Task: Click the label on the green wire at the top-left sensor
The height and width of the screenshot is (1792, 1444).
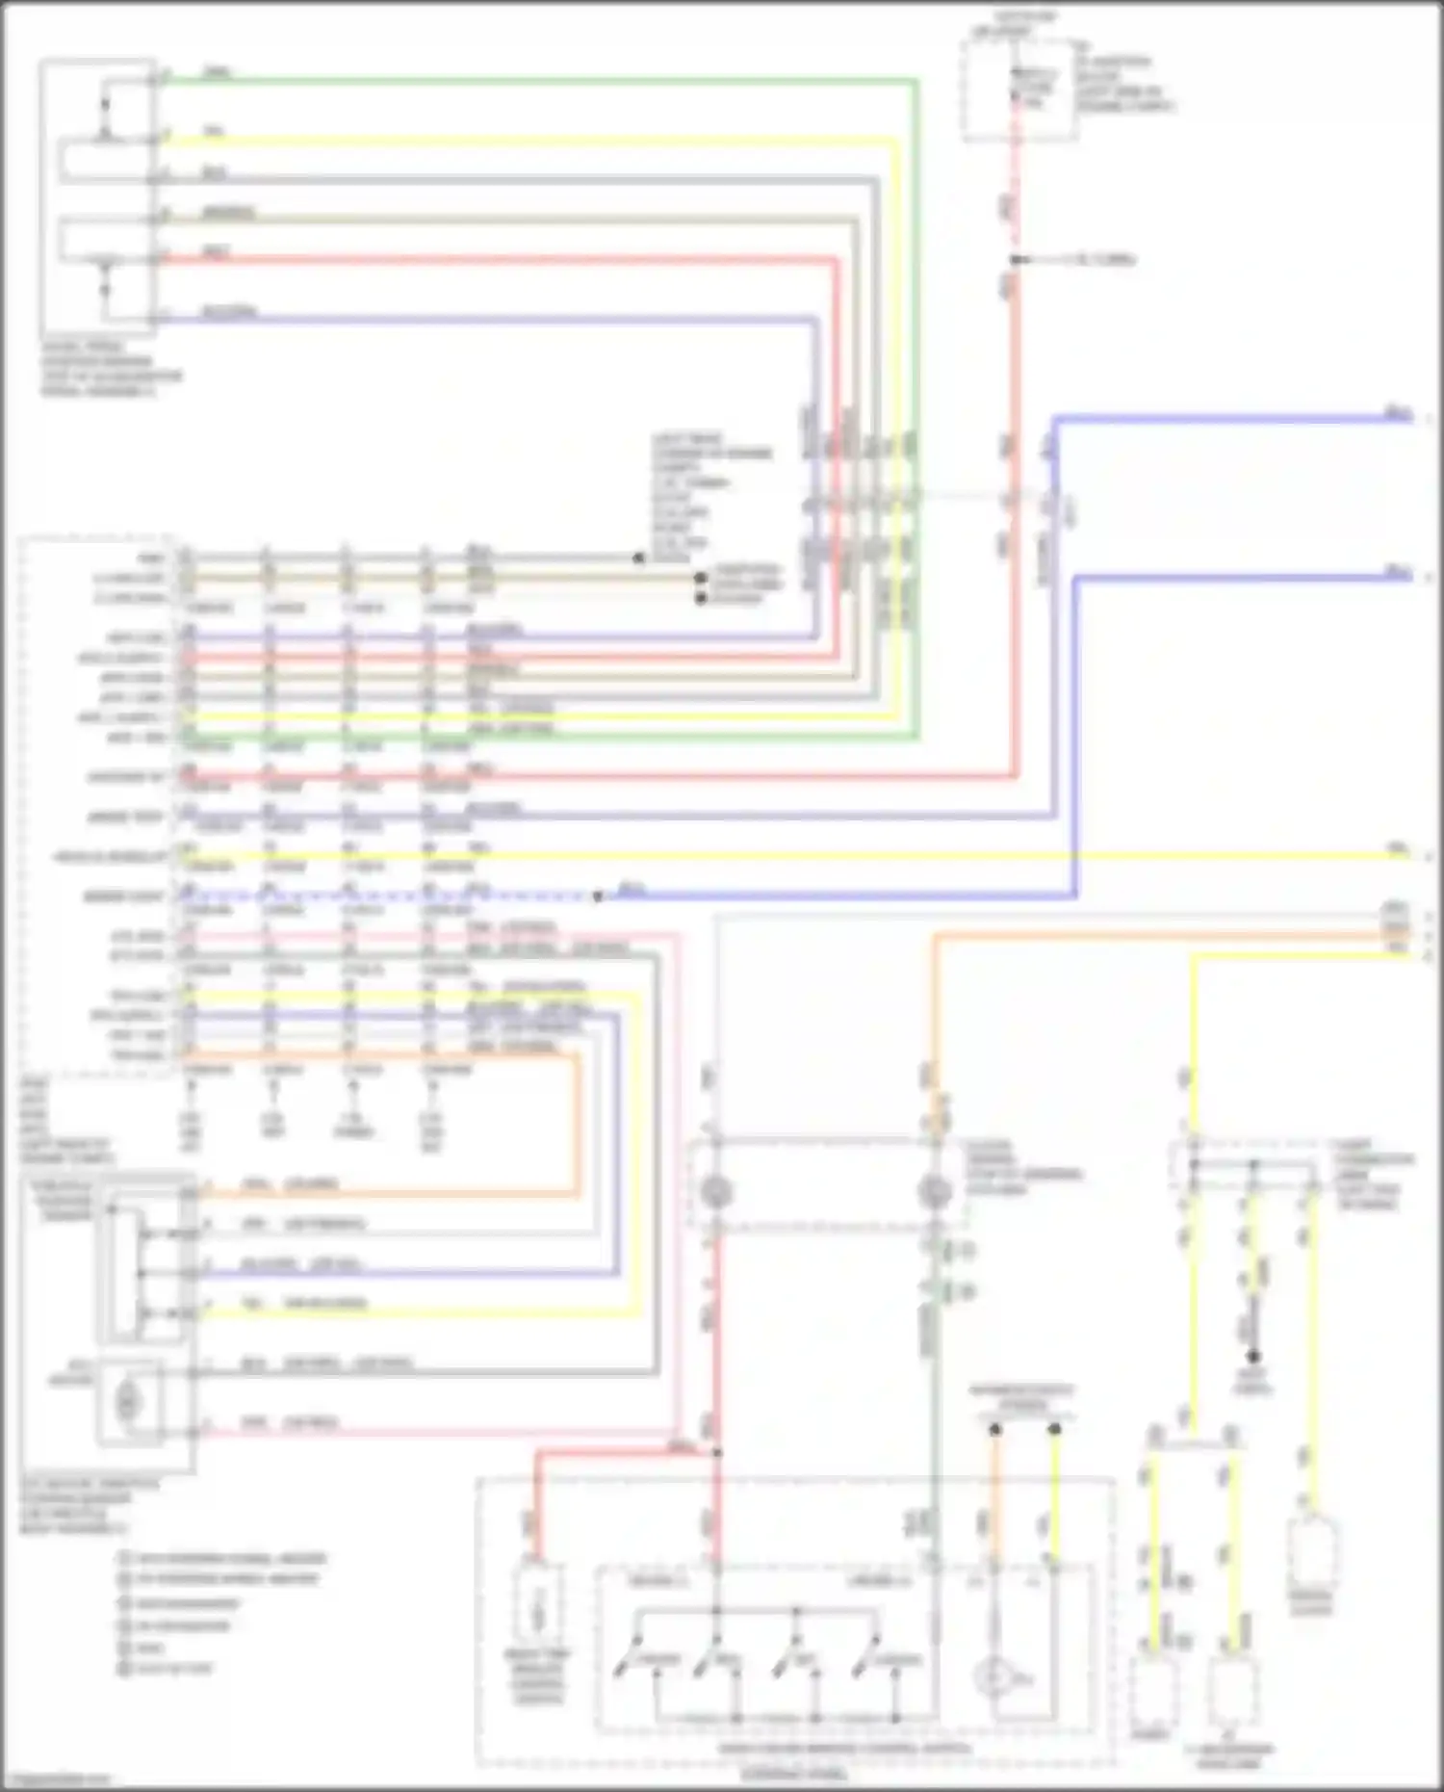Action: tap(218, 73)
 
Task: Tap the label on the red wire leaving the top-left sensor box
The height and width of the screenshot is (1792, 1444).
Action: tap(216, 253)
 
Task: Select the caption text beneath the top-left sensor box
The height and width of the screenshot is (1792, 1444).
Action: tap(111, 369)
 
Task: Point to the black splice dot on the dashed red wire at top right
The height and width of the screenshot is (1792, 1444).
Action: tap(1016, 260)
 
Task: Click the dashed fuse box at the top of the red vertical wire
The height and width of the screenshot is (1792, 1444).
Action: tap(1019, 90)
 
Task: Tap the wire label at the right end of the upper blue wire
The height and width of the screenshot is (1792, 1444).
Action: tap(1398, 413)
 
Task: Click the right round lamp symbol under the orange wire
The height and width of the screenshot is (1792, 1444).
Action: tap(934, 1192)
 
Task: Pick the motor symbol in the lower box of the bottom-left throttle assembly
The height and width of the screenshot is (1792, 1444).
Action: tap(127, 1402)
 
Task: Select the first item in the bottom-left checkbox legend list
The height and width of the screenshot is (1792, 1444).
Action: tap(221, 1558)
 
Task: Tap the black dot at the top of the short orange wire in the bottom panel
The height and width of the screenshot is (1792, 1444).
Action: tap(995, 1430)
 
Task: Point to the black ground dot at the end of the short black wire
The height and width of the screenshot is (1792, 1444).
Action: tap(1253, 1356)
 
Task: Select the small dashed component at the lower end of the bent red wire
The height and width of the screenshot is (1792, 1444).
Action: tap(539, 1609)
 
